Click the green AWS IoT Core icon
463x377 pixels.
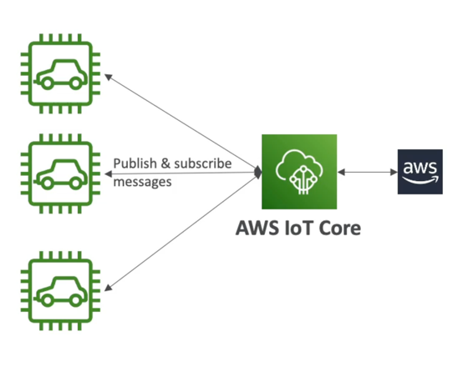click(x=299, y=171)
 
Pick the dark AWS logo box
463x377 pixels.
click(x=420, y=172)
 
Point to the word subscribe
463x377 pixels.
click(x=201, y=164)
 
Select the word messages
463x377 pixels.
click(x=143, y=181)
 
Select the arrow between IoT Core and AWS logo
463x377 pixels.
click(x=367, y=172)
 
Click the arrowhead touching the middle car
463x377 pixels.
click(x=108, y=173)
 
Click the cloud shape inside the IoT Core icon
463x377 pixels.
click(x=298, y=162)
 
